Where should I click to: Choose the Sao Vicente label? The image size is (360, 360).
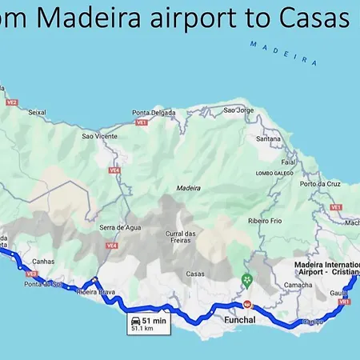[x=99, y=137]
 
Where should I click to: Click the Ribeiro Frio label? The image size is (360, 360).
[x=264, y=220]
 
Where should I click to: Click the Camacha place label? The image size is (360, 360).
[x=298, y=285]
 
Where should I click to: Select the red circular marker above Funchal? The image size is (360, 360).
[x=247, y=304]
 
